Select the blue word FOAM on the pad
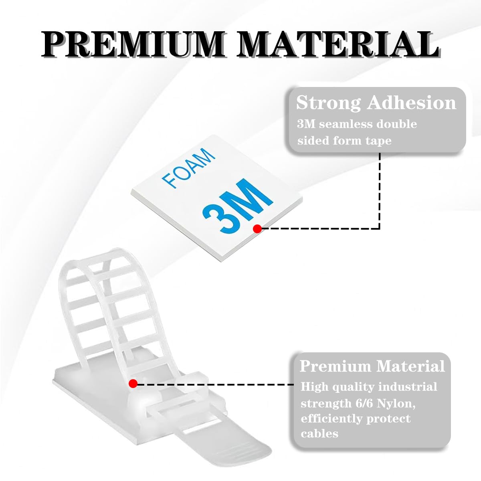click(x=188, y=168)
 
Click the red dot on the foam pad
click(x=257, y=228)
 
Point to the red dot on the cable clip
click(x=133, y=384)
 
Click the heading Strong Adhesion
click(x=376, y=103)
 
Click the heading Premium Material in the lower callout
click(x=372, y=366)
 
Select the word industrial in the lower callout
click(x=408, y=387)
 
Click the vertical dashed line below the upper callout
click(x=380, y=190)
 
